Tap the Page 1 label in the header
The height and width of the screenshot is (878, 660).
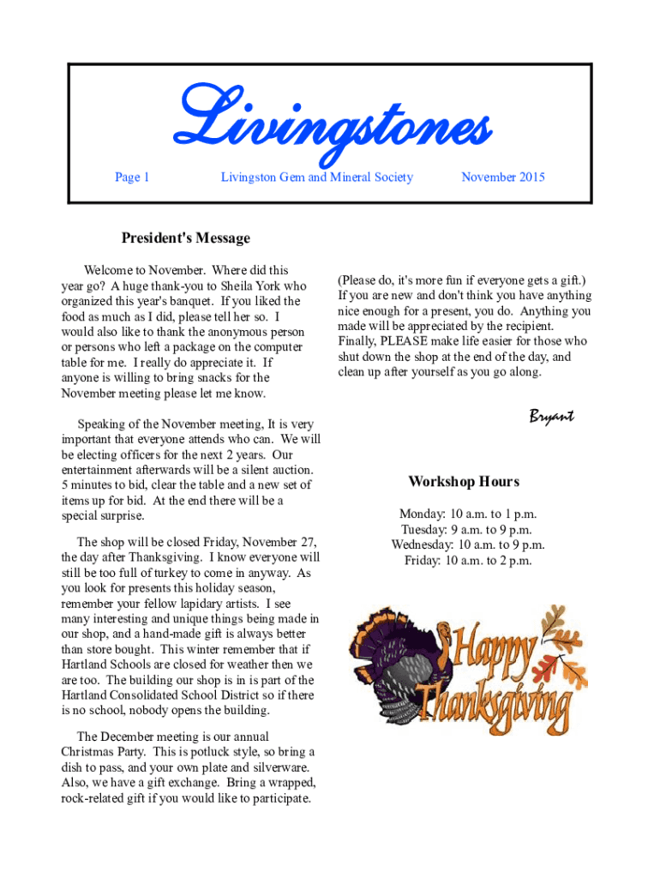pos(132,177)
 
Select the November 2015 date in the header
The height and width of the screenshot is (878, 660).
pos(502,177)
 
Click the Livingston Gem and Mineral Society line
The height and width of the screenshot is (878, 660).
pos(316,177)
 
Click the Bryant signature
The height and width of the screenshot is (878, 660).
pos(550,417)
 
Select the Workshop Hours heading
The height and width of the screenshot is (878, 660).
pos(463,482)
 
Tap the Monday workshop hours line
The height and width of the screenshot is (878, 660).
pos(467,514)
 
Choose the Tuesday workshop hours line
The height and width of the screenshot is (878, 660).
pos(467,530)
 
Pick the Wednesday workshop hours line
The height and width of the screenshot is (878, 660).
pos(467,545)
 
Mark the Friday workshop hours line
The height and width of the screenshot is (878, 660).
pos(467,561)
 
